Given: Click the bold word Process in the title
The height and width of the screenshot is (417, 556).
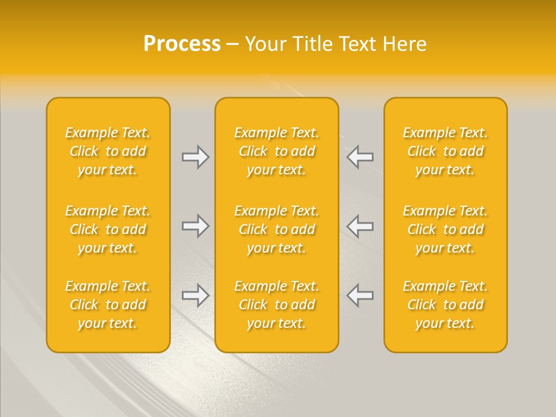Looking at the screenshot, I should pyautogui.click(x=182, y=44).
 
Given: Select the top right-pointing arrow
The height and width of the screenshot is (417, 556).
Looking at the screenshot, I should pyautogui.click(x=195, y=157).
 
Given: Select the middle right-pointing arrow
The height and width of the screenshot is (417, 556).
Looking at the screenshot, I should pyautogui.click(x=195, y=226).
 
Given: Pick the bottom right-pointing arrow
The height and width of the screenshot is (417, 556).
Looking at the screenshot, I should pyautogui.click(x=195, y=295).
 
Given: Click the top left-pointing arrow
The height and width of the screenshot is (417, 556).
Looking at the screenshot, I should pyautogui.click(x=360, y=157).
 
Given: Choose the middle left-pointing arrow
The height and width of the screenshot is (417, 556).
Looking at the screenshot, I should pyautogui.click(x=360, y=226).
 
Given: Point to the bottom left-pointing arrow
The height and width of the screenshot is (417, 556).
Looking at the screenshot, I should pyautogui.click(x=360, y=295).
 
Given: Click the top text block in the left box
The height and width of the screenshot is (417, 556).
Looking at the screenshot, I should pyautogui.click(x=108, y=151).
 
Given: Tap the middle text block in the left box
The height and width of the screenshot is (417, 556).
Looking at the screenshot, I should pyautogui.click(x=108, y=229).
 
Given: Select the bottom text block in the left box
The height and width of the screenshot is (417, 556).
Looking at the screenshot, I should pyautogui.click(x=108, y=305).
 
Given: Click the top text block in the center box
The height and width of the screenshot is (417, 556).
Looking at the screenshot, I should pyautogui.click(x=276, y=151).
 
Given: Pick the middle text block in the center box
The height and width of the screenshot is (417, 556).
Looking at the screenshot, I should pyautogui.click(x=276, y=229).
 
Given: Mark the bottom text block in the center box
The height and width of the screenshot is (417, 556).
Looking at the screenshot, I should pyautogui.click(x=276, y=305).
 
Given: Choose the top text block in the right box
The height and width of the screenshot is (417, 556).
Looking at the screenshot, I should pyautogui.click(x=445, y=151).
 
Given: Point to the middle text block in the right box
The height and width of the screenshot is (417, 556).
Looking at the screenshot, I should pyautogui.click(x=445, y=229).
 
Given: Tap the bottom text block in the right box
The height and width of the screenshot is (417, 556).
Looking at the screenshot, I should pyautogui.click(x=445, y=305).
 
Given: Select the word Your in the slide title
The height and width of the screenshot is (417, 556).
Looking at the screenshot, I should pyautogui.click(x=265, y=44).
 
